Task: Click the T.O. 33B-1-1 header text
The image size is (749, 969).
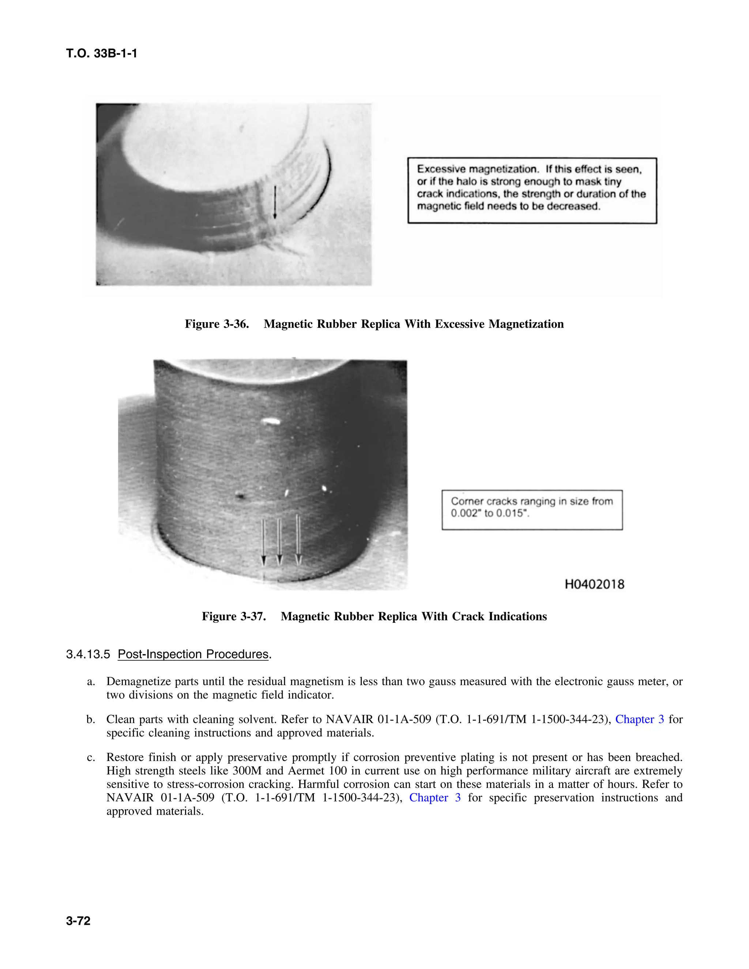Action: coord(102,54)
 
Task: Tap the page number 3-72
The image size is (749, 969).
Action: coord(78,921)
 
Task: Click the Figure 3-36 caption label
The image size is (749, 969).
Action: coord(217,324)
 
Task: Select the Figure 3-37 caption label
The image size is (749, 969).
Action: coord(233,616)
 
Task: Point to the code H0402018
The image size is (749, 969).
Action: coord(594,584)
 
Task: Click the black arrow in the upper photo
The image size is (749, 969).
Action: coord(275,202)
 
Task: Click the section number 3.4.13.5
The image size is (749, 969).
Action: coord(88,655)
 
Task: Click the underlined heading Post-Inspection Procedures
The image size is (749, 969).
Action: coord(193,655)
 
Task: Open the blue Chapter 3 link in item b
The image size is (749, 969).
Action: coord(639,719)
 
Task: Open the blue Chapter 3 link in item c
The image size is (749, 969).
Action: coord(434,798)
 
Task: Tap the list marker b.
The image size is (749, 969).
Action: coord(91,719)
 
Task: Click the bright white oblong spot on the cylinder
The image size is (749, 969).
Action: coord(270,421)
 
